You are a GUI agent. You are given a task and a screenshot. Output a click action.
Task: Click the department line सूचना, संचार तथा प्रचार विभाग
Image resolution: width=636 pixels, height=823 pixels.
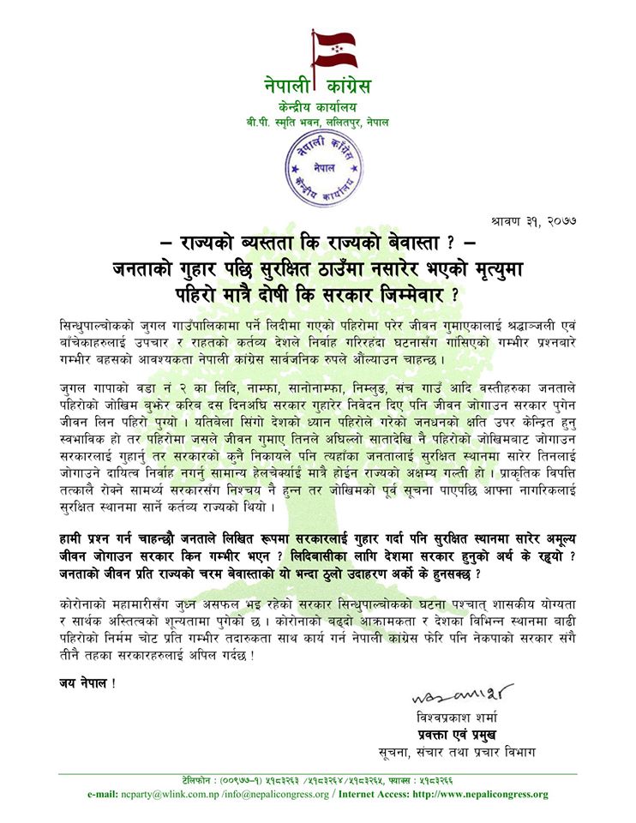pos(460,754)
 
